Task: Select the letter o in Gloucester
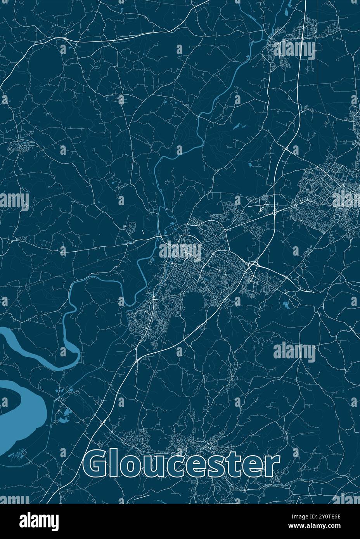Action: click(131, 467)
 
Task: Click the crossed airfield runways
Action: click(261, 205)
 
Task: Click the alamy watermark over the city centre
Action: click(180, 251)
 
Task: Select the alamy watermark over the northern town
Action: click(294, 50)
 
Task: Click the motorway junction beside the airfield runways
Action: click(274, 212)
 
